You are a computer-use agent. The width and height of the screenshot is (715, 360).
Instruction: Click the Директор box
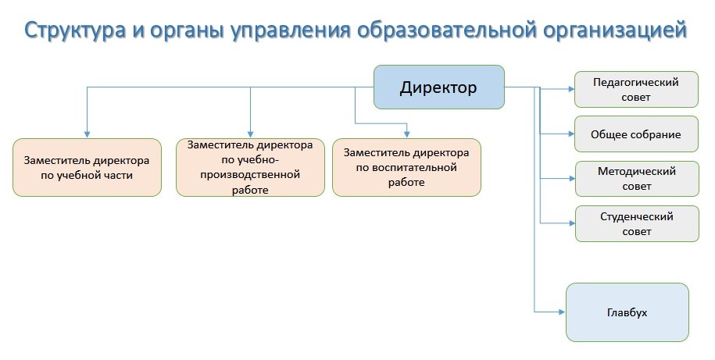tap(438, 87)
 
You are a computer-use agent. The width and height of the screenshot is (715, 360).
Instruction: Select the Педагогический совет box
tap(636, 90)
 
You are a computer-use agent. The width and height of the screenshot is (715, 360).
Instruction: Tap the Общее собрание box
tap(636, 134)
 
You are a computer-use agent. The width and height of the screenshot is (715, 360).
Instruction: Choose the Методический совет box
tap(636, 179)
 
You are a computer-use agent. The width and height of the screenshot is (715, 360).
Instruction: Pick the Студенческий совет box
tap(636, 224)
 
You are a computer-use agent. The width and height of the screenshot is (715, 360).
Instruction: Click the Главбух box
tap(627, 312)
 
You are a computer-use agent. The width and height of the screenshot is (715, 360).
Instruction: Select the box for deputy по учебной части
tap(87, 167)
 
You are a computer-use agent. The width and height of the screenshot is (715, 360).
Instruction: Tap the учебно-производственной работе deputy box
tap(250, 167)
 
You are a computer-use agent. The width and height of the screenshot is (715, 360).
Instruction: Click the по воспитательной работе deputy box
tap(406, 167)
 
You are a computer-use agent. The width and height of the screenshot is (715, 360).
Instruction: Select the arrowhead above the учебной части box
tap(87, 134)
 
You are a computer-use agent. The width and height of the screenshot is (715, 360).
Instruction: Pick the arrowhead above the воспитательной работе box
tap(406, 134)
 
